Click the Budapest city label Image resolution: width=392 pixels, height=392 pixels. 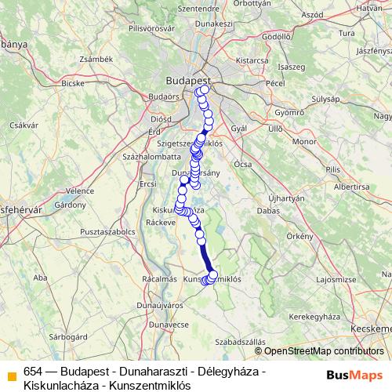pos(188,80)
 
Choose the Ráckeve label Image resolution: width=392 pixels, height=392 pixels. pos(160,222)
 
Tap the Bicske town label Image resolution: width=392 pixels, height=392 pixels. pos(72,82)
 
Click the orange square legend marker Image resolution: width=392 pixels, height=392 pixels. pos(12,373)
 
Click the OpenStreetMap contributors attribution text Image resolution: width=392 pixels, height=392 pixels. pos(318,351)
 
